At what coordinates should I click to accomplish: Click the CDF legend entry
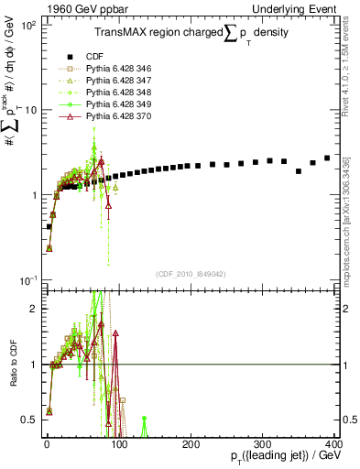(94, 54)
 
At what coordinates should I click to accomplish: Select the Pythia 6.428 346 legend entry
(116, 67)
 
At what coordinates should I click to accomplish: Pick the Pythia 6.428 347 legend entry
(116, 80)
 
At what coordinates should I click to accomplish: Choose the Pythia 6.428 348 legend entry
(116, 93)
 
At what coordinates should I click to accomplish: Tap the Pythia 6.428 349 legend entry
(116, 105)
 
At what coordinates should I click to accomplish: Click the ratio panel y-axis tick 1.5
(30, 336)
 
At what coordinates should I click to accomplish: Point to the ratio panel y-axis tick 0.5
(30, 420)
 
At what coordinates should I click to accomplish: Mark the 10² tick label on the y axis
(28, 26)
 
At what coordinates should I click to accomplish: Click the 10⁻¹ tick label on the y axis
(28, 279)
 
